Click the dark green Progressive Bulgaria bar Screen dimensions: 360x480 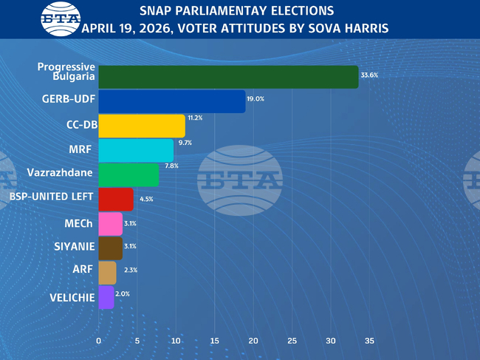[228, 77]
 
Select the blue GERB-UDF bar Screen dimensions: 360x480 [171, 101]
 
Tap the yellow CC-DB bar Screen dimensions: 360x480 [141, 126]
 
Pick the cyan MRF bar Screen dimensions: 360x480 [136, 150]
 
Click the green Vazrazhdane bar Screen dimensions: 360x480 [128, 174]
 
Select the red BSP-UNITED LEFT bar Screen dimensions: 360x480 [116, 199]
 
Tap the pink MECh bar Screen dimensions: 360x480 [110, 223]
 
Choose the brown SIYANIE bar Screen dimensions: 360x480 [110, 248]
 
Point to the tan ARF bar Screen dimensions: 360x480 [107, 272]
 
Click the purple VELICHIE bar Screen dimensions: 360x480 [106, 296]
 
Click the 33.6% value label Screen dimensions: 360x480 [369, 75]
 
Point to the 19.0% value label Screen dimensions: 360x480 [256, 99]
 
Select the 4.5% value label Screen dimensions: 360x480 [146, 199]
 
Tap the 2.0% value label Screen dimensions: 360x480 [123, 294]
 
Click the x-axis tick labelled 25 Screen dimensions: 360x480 [292, 341]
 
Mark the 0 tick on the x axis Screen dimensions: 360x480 [99, 341]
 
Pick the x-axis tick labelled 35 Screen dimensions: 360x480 [369, 341]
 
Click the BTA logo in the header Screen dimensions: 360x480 [58, 18]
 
